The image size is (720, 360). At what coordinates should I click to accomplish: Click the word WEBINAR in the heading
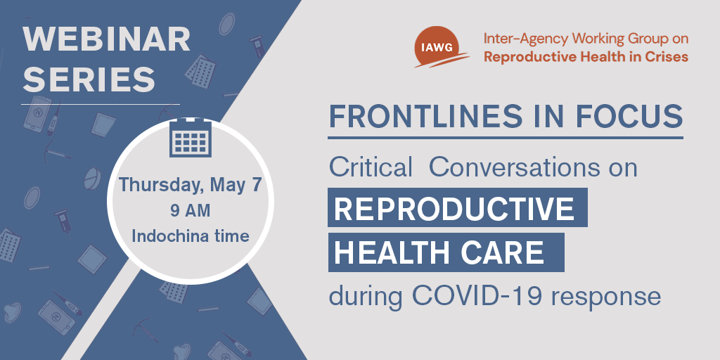point(107,39)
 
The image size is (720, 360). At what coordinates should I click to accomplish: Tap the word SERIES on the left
point(89,79)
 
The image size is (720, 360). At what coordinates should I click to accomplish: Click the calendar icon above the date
point(191,137)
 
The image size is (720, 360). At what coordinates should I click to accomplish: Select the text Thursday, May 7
point(191,185)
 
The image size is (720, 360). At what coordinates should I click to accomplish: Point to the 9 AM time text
point(190,211)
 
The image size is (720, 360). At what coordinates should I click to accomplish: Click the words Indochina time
point(191,236)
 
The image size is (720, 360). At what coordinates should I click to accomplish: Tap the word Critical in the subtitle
point(371,168)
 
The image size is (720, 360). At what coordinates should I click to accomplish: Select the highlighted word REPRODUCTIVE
point(454,208)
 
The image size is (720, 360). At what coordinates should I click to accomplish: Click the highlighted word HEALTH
point(397,252)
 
